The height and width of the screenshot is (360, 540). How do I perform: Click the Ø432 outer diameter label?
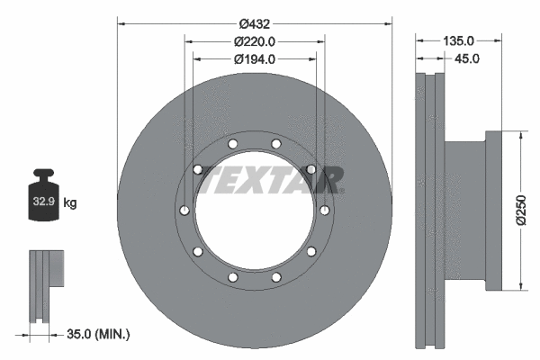coord(254,23)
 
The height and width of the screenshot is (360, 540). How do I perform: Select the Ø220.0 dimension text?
coord(254,41)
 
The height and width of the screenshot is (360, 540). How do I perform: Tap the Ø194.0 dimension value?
coord(254,59)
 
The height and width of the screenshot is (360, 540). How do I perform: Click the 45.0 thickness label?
coord(467,58)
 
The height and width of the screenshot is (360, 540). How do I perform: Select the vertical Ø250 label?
coord(521,211)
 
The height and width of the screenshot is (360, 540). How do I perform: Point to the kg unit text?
coord(70,204)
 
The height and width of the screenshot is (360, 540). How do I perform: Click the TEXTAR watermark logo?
coord(270,179)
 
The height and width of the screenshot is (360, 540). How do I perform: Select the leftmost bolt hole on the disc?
coord(184,211)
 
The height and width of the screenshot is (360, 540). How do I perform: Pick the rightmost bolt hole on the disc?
coord(324,211)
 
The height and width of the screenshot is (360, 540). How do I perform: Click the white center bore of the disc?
coord(255,216)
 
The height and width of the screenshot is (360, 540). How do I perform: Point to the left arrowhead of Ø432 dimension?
coord(121,23)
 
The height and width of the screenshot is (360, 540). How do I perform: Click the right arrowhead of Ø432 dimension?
coord(391,23)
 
